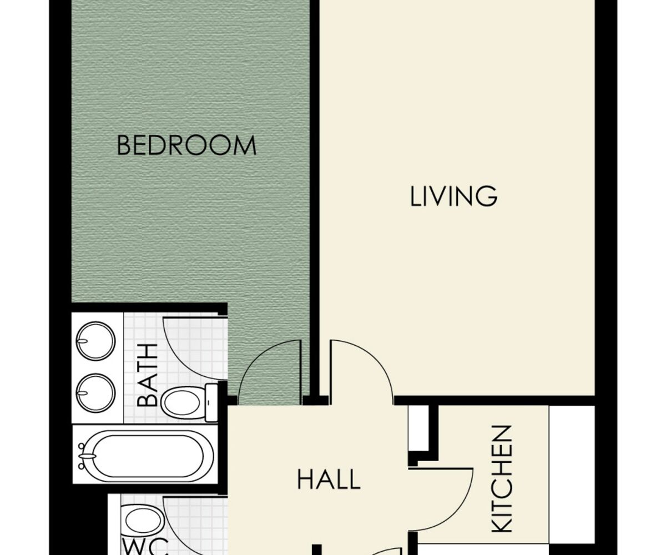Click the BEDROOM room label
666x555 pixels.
(x=186, y=145)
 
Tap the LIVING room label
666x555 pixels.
(x=453, y=196)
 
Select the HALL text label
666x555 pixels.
(x=329, y=480)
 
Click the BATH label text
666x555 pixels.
(x=147, y=375)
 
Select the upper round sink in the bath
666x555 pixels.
(x=95, y=341)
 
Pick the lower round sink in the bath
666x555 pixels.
(x=95, y=393)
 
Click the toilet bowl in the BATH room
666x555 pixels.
(x=183, y=402)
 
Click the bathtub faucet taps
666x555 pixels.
(x=84, y=456)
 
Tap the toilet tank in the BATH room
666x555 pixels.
(x=211, y=402)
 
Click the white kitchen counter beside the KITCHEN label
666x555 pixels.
(x=572, y=474)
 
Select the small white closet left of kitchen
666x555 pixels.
(x=418, y=428)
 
